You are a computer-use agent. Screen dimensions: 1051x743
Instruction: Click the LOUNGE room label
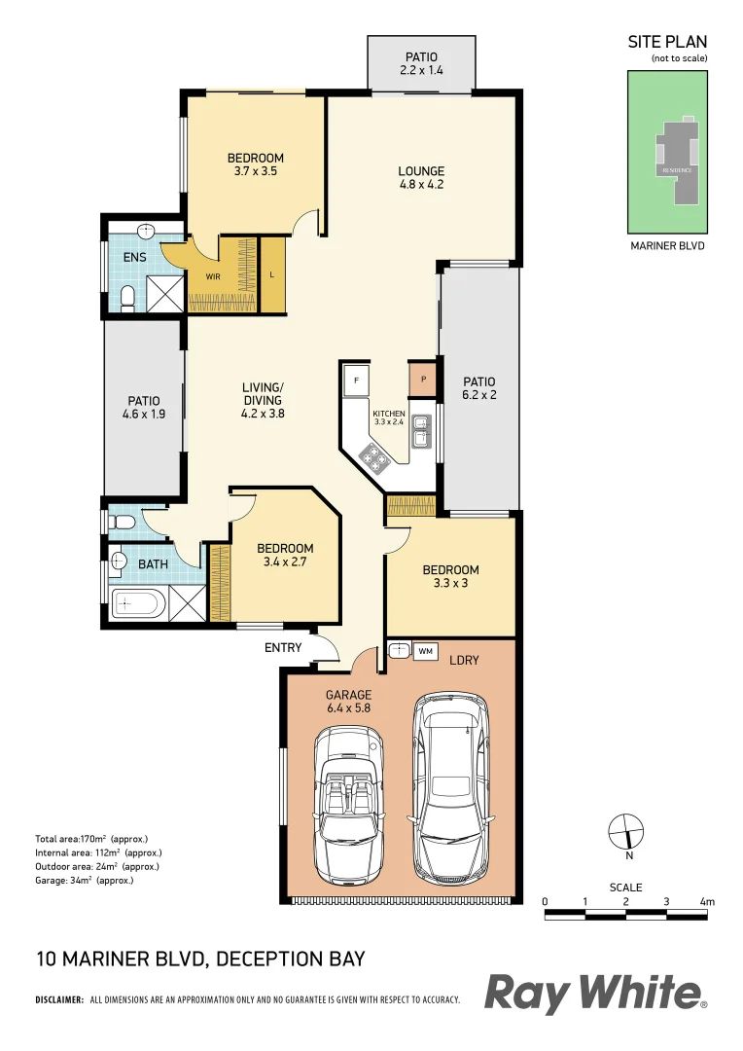[x=421, y=171]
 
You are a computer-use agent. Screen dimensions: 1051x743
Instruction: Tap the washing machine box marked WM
[x=425, y=651]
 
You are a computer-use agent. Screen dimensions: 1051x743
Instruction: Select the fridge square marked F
[x=357, y=379]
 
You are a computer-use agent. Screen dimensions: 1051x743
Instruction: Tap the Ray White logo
[x=595, y=995]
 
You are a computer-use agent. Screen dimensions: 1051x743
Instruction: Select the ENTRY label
[x=283, y=647]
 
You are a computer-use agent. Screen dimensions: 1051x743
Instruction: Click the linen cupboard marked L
[x=272, y=274]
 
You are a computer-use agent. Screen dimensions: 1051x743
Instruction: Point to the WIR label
[x=213, y=275]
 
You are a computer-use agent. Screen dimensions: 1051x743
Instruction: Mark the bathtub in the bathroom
[x=136, y=604]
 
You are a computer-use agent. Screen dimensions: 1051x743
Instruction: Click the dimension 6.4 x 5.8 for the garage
[x=348, y=709]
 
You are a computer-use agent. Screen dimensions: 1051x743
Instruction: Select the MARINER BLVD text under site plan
[x=667, y=246]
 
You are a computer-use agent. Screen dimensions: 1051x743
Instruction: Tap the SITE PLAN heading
[x=667, y=42]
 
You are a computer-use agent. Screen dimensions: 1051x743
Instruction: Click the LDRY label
[x=464, y=660]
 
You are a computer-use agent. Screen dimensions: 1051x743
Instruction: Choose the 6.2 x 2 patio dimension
[x=478, y=396]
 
